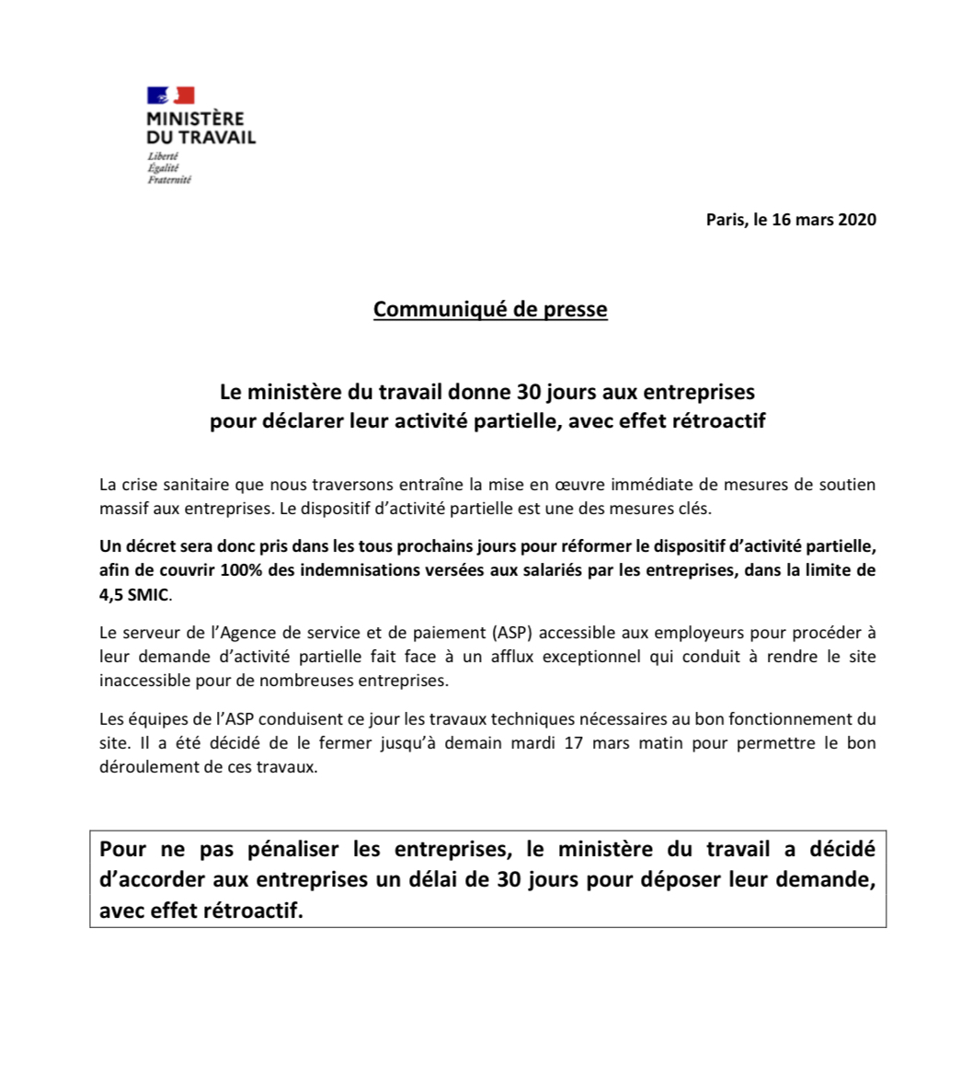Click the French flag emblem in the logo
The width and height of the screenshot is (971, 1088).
click(171, 95)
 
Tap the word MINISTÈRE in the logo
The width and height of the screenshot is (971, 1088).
click(195, 119)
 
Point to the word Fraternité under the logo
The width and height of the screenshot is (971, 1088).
click(169, 179)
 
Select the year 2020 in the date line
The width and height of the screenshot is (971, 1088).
click(857, 219)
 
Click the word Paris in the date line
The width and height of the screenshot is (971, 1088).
click(725, 219)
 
